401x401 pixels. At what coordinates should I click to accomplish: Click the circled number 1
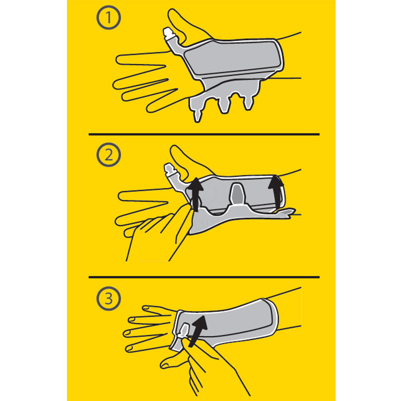(109, 18)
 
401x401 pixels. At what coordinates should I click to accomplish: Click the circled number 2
(109, 155)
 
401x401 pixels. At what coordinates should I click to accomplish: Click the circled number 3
(109, 298)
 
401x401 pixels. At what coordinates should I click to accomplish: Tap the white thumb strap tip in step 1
(168, 32)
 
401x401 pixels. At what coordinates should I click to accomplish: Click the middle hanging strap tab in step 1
(224, 105)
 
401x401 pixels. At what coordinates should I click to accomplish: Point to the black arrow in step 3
(198, 331)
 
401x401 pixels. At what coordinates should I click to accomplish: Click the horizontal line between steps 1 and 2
(204, 134)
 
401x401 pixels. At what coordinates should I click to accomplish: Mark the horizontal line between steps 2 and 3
(204, 277)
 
